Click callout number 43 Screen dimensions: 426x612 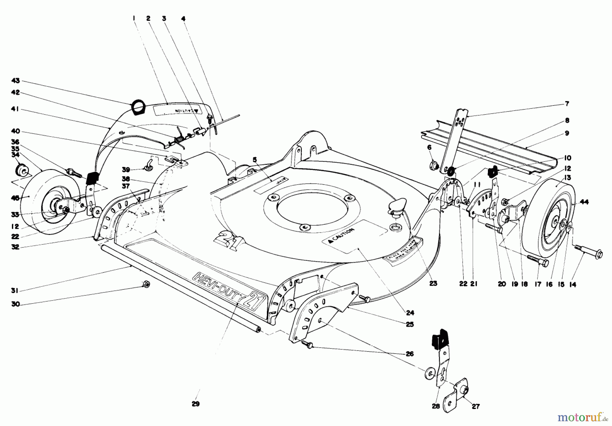(16, 81)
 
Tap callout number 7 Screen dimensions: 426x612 (567, 104)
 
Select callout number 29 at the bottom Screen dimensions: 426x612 (195, 404)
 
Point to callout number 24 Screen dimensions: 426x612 (410, 312)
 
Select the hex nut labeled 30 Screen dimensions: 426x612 (146, 284)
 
